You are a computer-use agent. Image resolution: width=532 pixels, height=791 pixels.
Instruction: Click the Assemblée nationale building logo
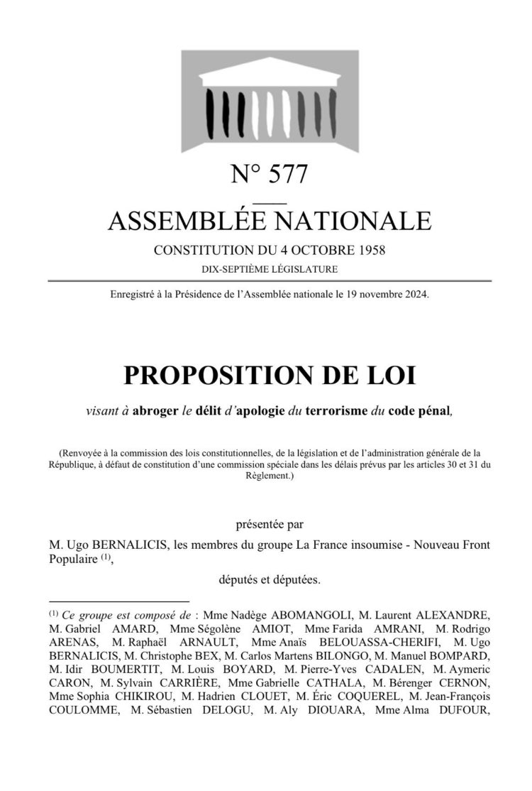tap(270, 101)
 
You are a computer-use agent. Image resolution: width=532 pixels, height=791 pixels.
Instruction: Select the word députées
tap(299, 580)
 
